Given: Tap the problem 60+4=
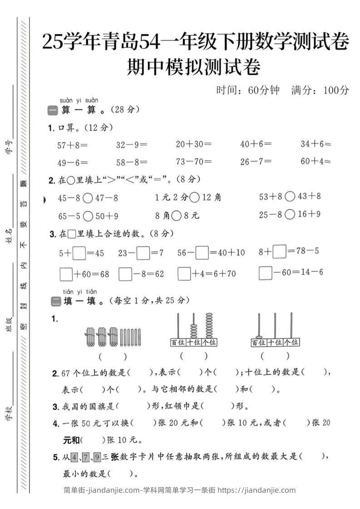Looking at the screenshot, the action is click(316, 161).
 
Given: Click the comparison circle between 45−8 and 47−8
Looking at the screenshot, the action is click(88, 198).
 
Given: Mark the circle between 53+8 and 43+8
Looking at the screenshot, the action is click(290, 196).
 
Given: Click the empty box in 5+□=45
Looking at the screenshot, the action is click(79, 252).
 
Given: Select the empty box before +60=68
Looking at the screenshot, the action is click(66, 274).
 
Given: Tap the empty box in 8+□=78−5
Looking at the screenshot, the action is click(280, 251).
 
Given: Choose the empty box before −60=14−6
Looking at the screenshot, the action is click(265, 273).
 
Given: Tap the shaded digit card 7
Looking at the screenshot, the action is click(86, 457).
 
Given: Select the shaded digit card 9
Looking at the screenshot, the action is click(97, 457).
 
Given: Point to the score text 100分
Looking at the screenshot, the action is click(336, 90).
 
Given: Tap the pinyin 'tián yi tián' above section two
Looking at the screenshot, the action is click(80, 291).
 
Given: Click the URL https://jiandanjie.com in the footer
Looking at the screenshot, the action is click(256, 490).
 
